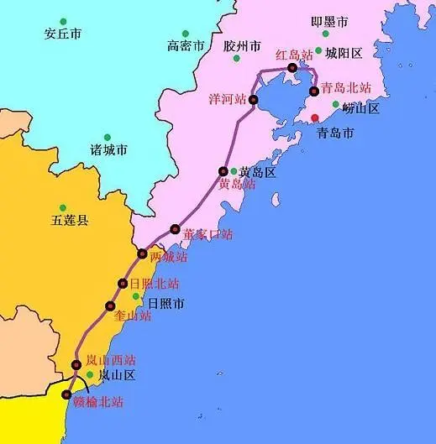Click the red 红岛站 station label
(x=295, y=55)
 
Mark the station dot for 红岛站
(x=292, y=68)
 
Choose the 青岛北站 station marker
(x=313, y=91)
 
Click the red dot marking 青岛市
(x=315, y=118)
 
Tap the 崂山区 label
(x=361, y=108)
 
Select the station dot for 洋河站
(x=253, y=100)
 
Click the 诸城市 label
(x=109, y=150)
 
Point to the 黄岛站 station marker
(x=223, y=170)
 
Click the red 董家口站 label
(x=207, y=234)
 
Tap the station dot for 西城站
(x=142, y=254)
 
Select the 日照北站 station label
(x=154, y=284)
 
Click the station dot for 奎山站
(x=109, y=306)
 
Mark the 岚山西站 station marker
(x=76, y=365)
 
